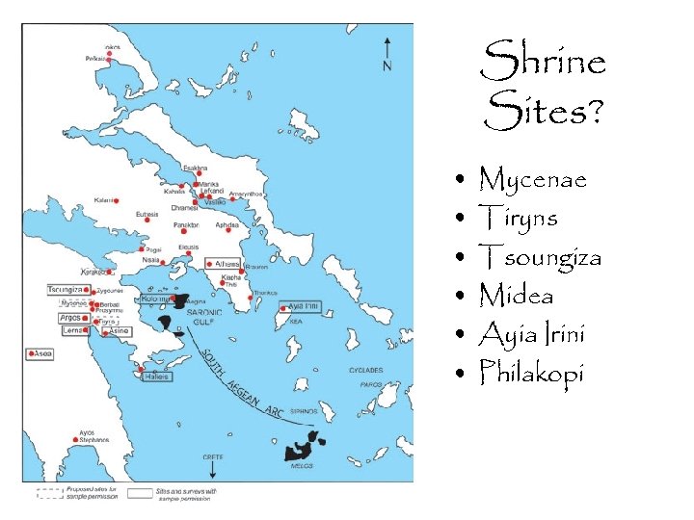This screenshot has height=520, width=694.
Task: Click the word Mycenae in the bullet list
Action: [532, 179]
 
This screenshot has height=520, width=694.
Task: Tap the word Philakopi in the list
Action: [531, 372]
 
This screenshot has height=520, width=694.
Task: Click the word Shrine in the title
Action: [543, 62]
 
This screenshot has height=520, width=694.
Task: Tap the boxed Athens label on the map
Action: [227, 263]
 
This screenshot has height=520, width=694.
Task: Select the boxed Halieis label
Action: [156, 377]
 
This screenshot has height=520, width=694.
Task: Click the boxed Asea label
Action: [41, 354]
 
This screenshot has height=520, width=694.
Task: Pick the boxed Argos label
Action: [71, 317]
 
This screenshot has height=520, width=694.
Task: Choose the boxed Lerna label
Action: [73, 330]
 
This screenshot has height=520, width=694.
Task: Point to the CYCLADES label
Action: [366, 370]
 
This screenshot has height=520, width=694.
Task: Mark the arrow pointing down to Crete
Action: [211, 469]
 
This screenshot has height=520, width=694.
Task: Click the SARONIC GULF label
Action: [203, 316]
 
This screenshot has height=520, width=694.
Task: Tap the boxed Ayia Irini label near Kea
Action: [303, 306]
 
